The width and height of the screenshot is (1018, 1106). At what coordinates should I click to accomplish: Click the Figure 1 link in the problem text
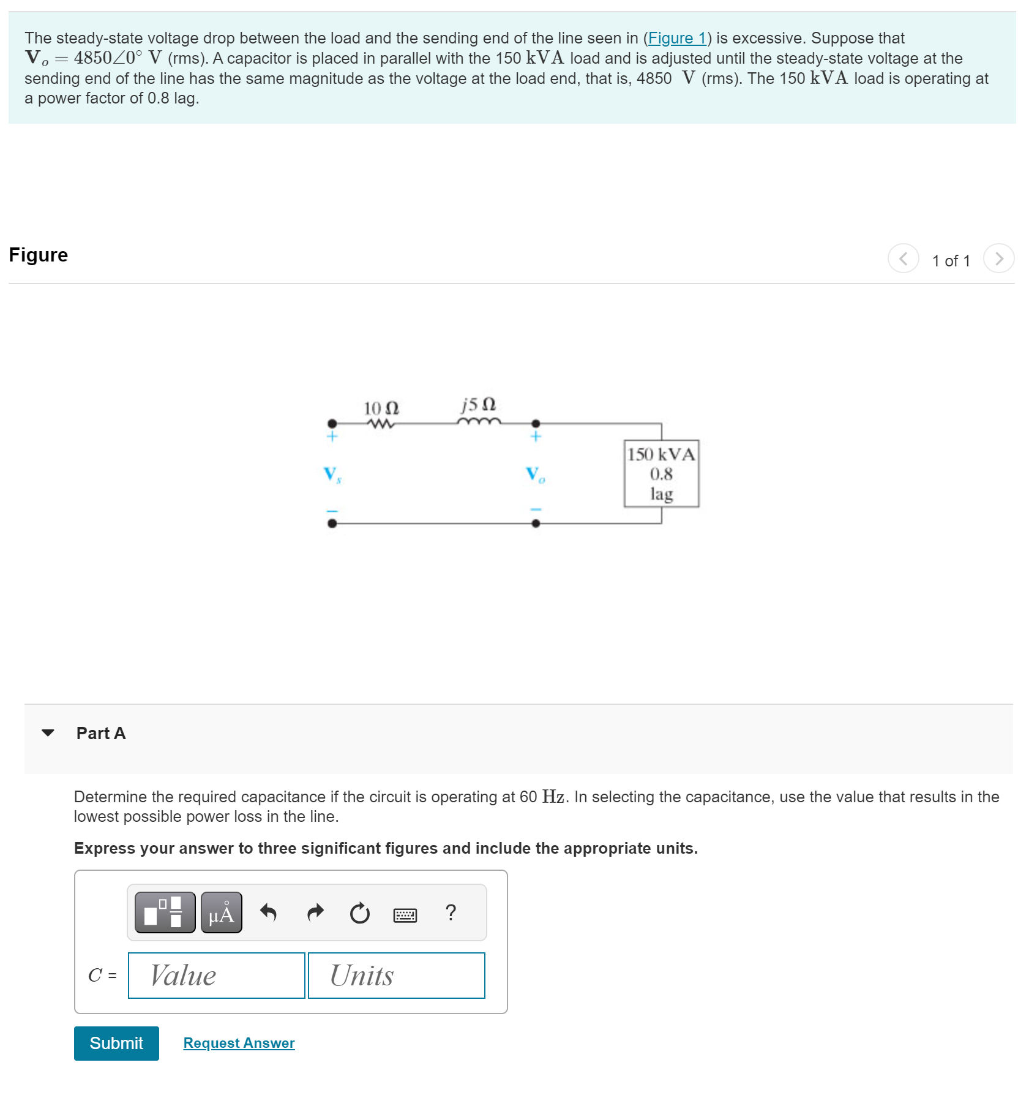(x=677, y=38)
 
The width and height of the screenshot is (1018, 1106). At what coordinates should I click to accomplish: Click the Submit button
(x=116, y=1043)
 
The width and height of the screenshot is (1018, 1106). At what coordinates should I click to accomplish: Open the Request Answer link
(x=239, y=1043)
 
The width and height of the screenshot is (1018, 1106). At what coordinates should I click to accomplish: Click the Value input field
(x=216, y=975)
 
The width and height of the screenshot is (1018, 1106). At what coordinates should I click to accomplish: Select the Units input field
(x=396, y=975)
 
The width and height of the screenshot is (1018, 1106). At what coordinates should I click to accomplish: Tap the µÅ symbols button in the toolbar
(x=221, y=912)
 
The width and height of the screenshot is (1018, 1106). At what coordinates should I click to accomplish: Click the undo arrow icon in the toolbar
(x=268, y=912)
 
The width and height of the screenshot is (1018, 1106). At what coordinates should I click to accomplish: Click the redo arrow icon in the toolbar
(x=315, y=912)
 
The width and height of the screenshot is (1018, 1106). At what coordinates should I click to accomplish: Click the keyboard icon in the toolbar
(x=405, y=915)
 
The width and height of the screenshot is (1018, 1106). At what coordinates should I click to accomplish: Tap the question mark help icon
(x=451, y=912)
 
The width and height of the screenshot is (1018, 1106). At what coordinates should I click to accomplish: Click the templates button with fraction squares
(x=165, y=912)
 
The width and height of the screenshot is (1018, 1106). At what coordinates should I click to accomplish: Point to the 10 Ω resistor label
(x=381, y=408)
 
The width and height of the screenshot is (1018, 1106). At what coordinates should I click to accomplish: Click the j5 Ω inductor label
(x=479, y=405)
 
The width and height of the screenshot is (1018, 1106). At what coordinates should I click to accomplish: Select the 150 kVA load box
(x=661, y=473)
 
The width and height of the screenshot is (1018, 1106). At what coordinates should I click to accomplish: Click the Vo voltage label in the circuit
(x=534, y=474)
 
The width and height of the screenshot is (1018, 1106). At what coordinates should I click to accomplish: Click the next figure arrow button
(x=998, y=258)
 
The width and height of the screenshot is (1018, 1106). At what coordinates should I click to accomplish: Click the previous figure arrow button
(x=903, y=258)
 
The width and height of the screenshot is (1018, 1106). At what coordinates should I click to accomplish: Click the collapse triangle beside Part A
(x=48, y=732)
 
